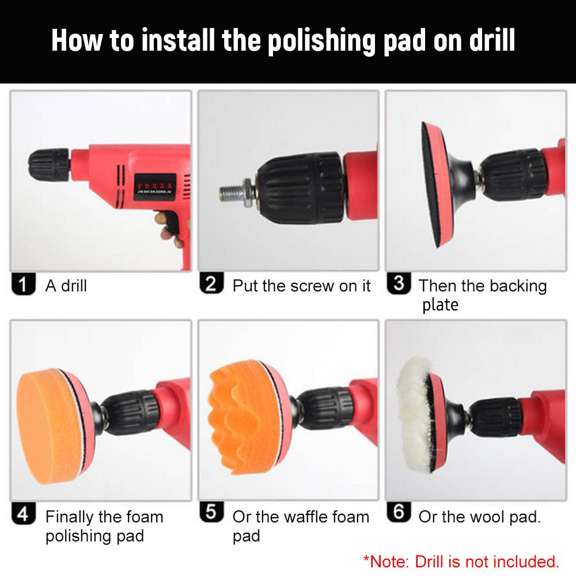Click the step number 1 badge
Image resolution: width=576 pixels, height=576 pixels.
click(x=24, y=284)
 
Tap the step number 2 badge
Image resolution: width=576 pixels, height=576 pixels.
click(x=211, y=283)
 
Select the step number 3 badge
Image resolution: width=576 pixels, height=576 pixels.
click(x=399, y=283)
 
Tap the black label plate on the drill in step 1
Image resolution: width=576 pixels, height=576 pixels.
click(x=154, y=187)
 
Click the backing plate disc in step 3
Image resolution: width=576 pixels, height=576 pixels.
click(x=438, y=185)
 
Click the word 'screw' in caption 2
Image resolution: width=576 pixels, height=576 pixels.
click(x=312, y=286)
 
